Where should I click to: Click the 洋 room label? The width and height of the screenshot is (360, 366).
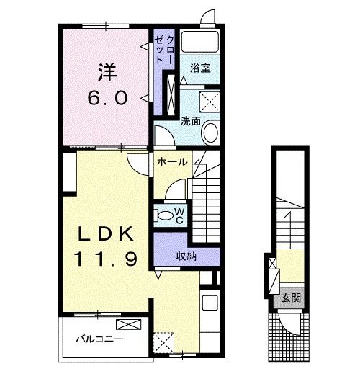(x=107, y=72)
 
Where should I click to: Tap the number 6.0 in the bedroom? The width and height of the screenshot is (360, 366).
(x=107, y=99)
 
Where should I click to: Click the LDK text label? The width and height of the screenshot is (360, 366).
(x=106, y=234)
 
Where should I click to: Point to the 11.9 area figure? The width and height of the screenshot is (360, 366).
(x=106, y=259)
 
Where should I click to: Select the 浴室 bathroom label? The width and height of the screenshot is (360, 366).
(x=200, y=68)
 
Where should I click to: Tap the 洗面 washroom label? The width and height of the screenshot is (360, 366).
(x=190, y=121)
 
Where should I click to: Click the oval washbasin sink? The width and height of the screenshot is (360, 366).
(x=211, y=133)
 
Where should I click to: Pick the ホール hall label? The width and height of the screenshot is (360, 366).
(x=172, y=162)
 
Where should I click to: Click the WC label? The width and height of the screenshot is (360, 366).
(x=180, y=216)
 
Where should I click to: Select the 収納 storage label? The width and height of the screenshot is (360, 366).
(x=186, y=256)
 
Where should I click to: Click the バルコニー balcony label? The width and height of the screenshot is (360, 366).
(x=99, y=339)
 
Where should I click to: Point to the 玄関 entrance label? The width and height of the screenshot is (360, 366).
(x=291, y=298)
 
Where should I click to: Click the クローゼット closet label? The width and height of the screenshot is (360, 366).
(x=164, y=50)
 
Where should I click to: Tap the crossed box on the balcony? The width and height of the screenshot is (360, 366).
(x=129, y=325)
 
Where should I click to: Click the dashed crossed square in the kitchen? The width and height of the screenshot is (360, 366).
(x=164, y=343)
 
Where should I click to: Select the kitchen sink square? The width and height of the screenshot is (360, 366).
(x=210, y=303)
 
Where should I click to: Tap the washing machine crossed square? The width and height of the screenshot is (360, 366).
(x=210, y=102)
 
